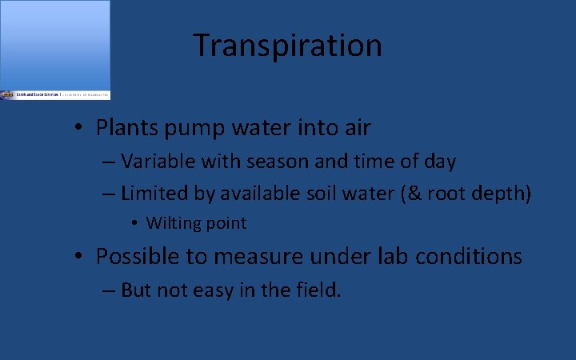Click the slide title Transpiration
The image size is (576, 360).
click(x=287, y=46)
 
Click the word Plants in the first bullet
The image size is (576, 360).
click(x=122, y=127)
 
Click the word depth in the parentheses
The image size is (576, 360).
click(x=502, y=194)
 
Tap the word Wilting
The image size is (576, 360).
click(x=170, y=223)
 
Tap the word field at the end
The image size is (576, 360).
click(x=318, y=290)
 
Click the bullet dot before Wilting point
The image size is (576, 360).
click(x=137, y=223)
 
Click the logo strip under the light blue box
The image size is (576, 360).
click(x=55, y=94)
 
